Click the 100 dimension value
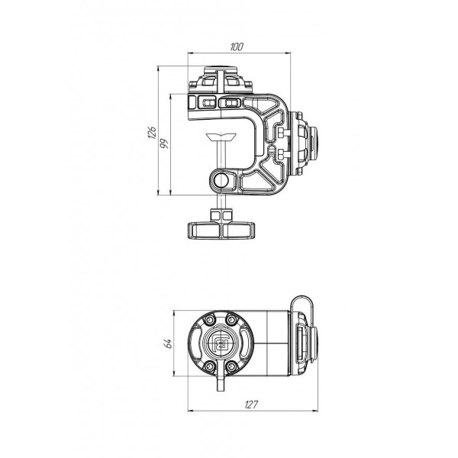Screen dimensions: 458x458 237,47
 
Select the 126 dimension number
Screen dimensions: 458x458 152,133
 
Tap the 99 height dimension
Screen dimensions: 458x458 165,144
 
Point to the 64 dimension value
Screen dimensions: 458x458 168,343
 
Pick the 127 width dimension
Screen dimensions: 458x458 252,405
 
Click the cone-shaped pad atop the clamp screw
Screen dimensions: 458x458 221,137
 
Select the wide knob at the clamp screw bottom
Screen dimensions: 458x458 221,231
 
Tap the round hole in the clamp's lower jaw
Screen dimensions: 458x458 221,180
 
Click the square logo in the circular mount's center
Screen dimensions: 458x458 221,343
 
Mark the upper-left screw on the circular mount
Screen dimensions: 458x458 209,321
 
